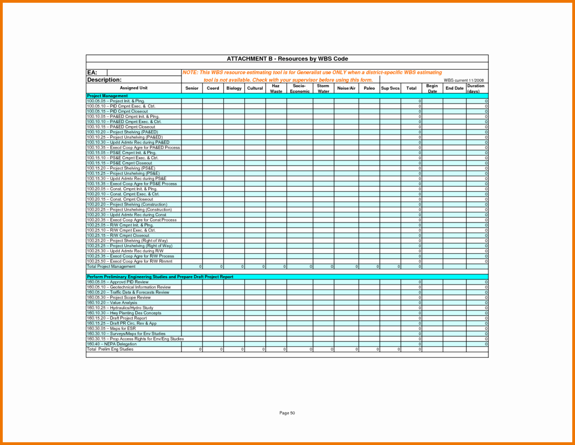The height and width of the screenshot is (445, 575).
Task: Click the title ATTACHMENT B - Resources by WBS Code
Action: tap(287, 59)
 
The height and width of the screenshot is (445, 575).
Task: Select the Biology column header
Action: tap(234, 88)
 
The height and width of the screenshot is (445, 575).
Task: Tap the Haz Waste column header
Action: tap(276, 89)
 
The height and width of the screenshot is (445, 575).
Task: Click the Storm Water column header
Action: tap(323, 89)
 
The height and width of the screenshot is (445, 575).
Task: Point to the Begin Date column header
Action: tap(432, 89)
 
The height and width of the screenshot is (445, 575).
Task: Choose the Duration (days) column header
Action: tap(476, 89)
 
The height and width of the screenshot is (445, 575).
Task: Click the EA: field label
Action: tap(92, 72)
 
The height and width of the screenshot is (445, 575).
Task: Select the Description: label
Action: tap(104, 80)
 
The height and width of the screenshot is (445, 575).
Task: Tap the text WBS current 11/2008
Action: tap(463, 80)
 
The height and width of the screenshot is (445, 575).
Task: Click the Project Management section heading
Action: tap(107, 96)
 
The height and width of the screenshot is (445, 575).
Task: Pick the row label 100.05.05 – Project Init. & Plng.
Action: tap(116, 101)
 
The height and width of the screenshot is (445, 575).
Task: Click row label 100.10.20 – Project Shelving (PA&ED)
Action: tap(122, 132)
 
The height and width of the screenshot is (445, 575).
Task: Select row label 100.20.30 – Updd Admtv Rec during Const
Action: tap(126, 215)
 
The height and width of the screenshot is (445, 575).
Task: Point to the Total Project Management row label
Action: tap(111, 267)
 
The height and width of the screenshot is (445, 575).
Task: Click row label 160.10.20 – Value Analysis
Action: tap(112, 303)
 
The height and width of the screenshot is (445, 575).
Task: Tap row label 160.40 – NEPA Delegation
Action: tap(112, 344)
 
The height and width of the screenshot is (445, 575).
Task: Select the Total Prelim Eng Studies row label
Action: tap(110, 349)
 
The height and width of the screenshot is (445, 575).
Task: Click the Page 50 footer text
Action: tap(287, 413)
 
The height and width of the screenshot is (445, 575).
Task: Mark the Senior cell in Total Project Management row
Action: tap(192, 267)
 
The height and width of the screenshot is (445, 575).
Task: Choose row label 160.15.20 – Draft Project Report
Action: tap(117, 318)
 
